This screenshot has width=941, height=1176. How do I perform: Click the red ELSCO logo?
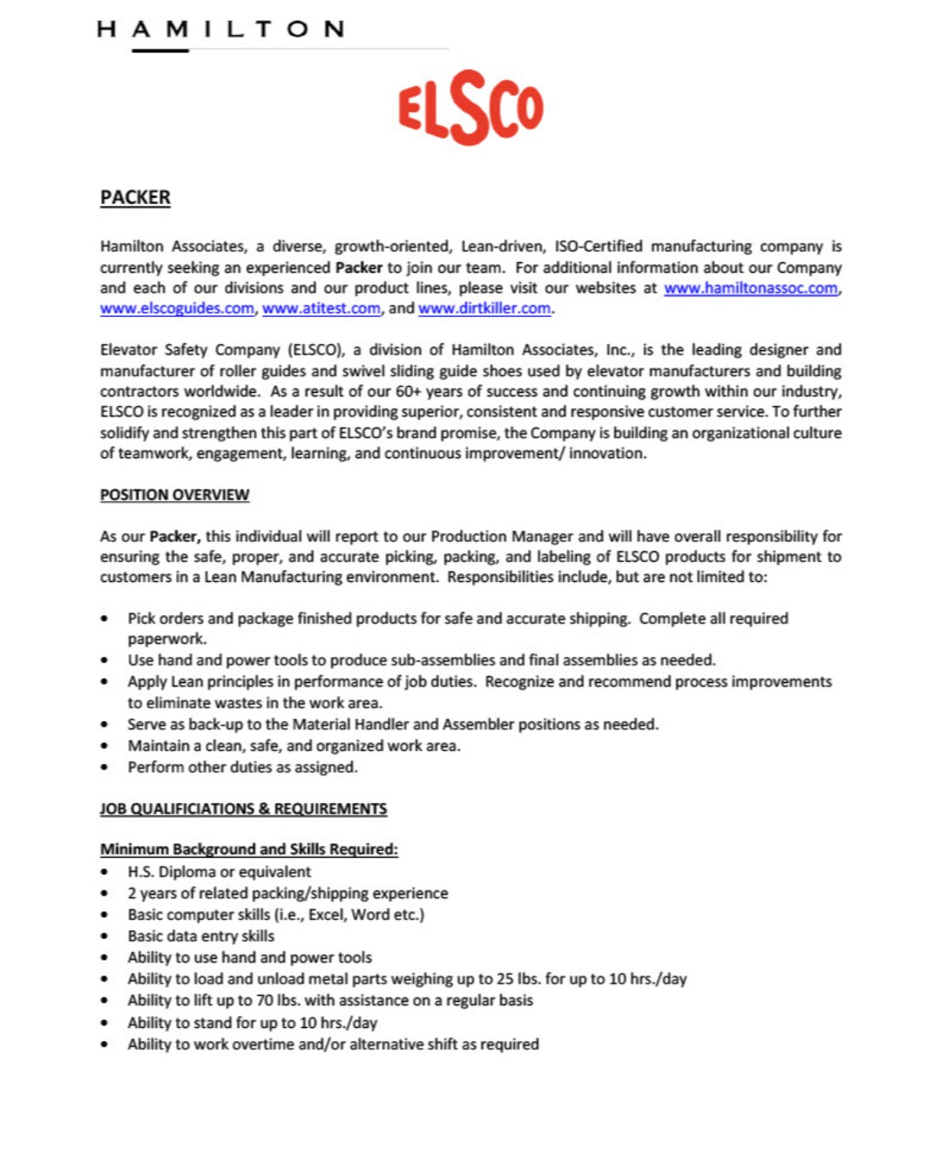click(x=470, y=107)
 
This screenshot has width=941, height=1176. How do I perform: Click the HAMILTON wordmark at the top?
click(x=221, y=30)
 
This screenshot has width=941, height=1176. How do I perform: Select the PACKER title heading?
click(x=135, y=198)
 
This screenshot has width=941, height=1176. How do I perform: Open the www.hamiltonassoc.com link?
click(x=750, y=288)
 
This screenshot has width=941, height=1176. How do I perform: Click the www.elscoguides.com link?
click(x=177, y=308)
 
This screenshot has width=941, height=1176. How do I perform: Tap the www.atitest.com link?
click(x=322, y=308)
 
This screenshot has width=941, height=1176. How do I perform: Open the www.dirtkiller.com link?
click(x=484, y=308)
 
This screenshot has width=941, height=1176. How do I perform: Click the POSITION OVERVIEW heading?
click(x=174, y=495)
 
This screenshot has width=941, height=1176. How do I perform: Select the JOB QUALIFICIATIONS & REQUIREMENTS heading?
click(x=243, y=808)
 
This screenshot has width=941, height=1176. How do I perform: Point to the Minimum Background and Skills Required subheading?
click(x=248, y=849)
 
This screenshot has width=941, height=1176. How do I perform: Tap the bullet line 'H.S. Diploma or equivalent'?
click(x=219, y=872)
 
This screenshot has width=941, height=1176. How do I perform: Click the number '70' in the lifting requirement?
click(x=264, y=1000)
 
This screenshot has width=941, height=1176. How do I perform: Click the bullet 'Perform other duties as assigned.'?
click(x=242, y=767)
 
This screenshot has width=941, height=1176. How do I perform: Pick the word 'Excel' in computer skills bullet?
click(x=327, y=915)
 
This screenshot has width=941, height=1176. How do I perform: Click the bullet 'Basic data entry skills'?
click(x=200, y=936)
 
